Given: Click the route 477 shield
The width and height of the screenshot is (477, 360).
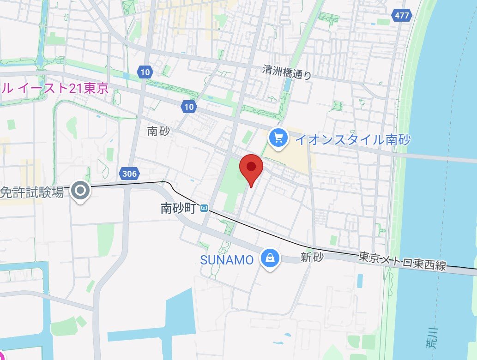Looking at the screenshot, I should click(402, 15).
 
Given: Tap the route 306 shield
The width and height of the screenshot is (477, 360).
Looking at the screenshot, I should click(130, 174).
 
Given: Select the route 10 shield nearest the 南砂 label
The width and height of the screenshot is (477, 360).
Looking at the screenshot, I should click(188, 107).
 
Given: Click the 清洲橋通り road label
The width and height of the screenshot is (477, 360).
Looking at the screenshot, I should click(287, 72).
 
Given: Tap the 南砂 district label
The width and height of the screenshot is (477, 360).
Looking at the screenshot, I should click(158, 131).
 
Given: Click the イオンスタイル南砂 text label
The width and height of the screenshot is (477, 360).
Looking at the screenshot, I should click(352, 139).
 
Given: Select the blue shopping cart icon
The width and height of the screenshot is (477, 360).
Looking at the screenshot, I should click(278, 138).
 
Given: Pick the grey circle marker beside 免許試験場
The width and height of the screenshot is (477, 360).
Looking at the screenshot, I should click(81, 190).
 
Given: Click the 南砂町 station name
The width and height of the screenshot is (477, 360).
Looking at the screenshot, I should click(179, 208).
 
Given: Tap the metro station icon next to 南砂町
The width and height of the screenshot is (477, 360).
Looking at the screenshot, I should click(204, 209).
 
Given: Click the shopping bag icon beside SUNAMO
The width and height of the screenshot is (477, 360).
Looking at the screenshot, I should click(269, 258).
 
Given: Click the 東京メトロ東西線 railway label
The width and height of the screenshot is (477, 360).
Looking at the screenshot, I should click(402, 262).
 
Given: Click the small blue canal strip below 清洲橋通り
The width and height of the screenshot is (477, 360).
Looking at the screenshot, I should click(287, 84).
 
